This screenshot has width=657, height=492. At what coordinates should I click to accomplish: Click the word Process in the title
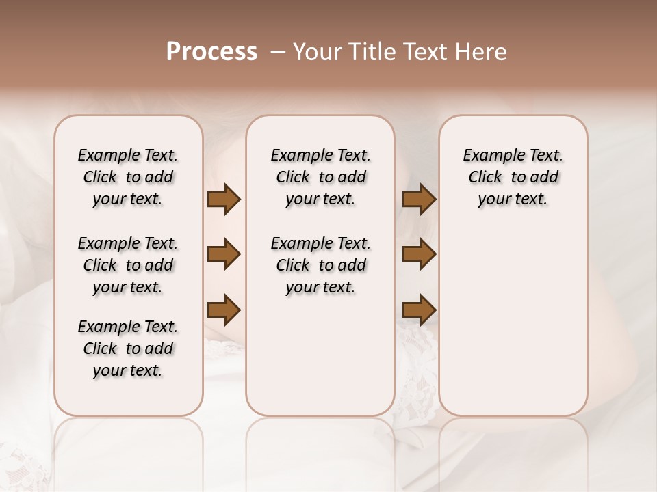(x=211, y=52)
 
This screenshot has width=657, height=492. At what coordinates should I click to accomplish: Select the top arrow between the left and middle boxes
(x=224, y=200)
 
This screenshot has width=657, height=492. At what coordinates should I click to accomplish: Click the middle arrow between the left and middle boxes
(x=224, y=255)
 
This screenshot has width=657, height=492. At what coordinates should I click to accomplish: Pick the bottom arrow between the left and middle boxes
(x=224, y=310)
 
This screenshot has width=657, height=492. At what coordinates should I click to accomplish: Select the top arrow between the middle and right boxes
(x=419, y=200)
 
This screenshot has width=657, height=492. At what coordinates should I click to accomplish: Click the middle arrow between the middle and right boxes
(x=419, y=255)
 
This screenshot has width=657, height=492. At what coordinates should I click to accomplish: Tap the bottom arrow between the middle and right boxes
(x=419, y=310)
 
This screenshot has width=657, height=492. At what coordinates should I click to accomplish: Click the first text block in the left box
(x=128, y=177)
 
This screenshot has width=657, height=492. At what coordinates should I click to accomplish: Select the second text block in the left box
(x=128, y=265)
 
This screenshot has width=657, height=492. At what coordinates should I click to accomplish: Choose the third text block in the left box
(x=128, y=348)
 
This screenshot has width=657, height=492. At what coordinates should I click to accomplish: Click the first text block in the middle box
(x=320, y=177)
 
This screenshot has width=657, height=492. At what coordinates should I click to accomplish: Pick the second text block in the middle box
(x=320, y=265)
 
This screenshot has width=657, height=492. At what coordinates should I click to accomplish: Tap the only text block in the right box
(x=513, y=177)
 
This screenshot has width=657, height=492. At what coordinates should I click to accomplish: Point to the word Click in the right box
(x=485, y=178)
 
